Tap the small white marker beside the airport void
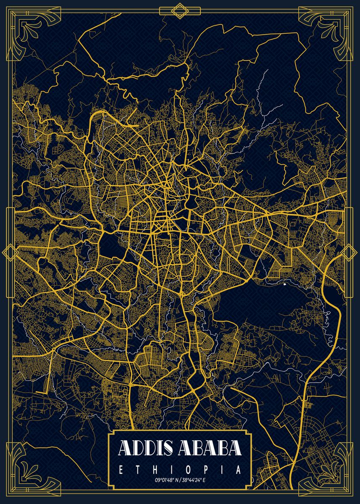pos(284,284)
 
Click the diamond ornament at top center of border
pos(180,10)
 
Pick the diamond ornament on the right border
pos(349,252)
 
